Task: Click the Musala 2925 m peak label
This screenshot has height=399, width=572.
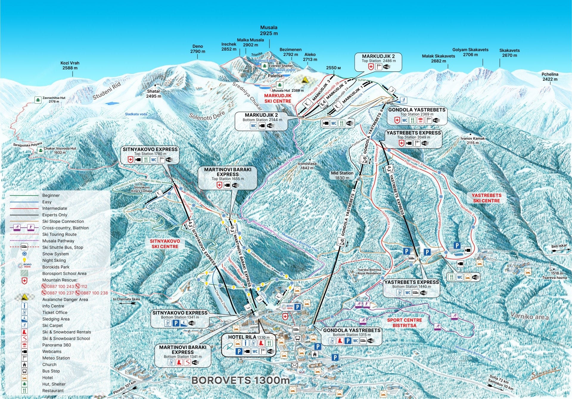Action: pyautogui.click(x=269, y=30)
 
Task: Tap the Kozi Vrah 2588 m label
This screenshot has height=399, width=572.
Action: pyautogui.click(x=70, y=65)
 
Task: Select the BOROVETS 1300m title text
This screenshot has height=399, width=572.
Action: pyautogui.click(x=240, y=380)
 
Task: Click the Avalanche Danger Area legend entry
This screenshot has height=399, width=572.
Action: pyautogui.click(x=65, y=299)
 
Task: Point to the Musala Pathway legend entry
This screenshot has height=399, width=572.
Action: pyautogui.click(x=58, y=241)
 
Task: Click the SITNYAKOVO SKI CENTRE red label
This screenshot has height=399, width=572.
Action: pyautogui.click(x=165, y=244)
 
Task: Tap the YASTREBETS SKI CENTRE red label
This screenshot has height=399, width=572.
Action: pyautogui.click(x=486, y=198)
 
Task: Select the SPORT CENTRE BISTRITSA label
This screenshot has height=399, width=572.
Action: pyautogui.click(x=404, y=323)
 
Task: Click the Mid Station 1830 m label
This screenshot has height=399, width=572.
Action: pyautogui.click(x=342, y=175)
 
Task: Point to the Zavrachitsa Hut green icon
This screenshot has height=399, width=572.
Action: pyautogui.click(x=38, y=100)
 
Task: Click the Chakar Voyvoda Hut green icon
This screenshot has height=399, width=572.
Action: pyautogui.click(x=40, y=151)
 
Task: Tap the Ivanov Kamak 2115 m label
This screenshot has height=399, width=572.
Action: pyautogui.click(x=472, y=140)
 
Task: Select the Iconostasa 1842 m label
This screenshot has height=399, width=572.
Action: pyautogui.click(x=307, y=166)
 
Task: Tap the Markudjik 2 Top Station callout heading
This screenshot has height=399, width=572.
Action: pyautogui.click(x=378, y=56)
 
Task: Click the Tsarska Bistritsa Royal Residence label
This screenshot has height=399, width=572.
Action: pyautogui.click(x=369, y=271)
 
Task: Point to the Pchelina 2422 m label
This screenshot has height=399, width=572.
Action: pyautogui.click(x=550, y=76)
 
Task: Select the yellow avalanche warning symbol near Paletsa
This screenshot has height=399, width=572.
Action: pyautogui.click(x=305, y=80)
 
